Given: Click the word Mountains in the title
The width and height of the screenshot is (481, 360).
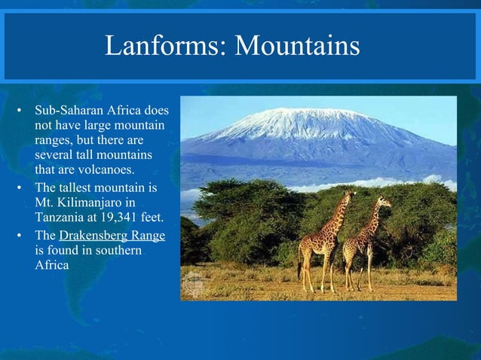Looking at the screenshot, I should (x=297, y=47).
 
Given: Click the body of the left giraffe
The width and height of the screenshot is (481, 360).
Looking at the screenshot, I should (x=319, y=243).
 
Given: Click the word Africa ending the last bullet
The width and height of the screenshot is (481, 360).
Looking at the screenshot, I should (x=52, y=265).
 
